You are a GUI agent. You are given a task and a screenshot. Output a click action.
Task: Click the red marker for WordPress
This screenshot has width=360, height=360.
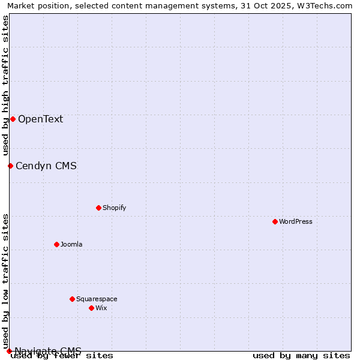(x=275, y=221)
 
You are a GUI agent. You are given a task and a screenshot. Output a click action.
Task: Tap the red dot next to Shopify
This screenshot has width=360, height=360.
(x=98, y=208)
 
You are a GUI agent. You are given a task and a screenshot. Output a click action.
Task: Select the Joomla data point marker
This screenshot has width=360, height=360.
(x=56, y=244)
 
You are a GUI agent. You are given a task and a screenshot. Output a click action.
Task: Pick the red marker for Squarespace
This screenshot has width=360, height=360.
(x=72, y=299)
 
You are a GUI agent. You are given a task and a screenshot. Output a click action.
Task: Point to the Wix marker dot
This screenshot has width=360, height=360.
(x=91, y=308)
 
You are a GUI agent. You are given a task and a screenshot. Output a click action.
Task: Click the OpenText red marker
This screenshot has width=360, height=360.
(x=13, y=119)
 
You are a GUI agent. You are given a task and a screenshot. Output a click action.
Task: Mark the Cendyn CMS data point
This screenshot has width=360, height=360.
(x=10, y=166)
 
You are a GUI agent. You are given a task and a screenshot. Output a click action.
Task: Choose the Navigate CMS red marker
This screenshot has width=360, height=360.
(x=9, y=351)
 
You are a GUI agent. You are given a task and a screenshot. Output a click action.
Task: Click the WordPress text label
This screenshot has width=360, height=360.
(x=296, y=221)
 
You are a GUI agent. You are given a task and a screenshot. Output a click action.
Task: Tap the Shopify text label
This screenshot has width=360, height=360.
(x=115, y=208)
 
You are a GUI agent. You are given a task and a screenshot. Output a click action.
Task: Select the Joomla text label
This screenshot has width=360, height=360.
(x=71, y=244)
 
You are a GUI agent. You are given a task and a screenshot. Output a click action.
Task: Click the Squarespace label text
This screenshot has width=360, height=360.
(x=97, y=299)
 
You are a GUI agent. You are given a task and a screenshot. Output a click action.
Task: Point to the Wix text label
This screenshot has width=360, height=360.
(x=101, y=308)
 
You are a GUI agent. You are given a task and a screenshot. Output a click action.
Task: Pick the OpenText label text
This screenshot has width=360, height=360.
(x=40, y=119)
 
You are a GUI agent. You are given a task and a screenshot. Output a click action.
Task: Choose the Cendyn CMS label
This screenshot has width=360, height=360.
(x=46, y=166)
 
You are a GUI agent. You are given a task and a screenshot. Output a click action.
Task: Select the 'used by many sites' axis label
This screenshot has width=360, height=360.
(x=301, y=355)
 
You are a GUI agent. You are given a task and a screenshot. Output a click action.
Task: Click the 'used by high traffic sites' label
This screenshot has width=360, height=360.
(x=5, y=85)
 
